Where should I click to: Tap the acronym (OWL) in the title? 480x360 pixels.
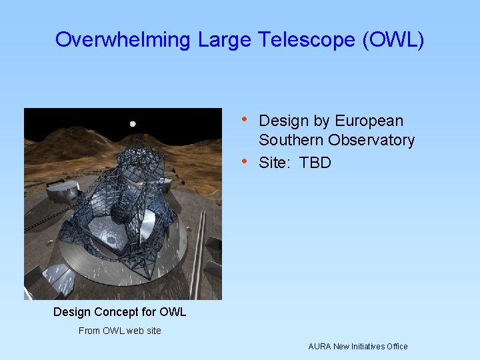(x=393, y=40)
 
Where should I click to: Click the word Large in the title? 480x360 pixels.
(x=222, y=40)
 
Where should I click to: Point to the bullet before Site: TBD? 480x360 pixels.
(x=245, y=162)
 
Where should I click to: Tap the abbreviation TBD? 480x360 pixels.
(x=315, y=163)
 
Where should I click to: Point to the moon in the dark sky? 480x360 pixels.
(x=133, y=123)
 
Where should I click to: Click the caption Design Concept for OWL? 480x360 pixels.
(x=119, y=312)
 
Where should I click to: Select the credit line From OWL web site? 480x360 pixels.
(x=119, y=331)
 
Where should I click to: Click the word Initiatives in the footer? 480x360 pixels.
(x=370, y=347)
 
